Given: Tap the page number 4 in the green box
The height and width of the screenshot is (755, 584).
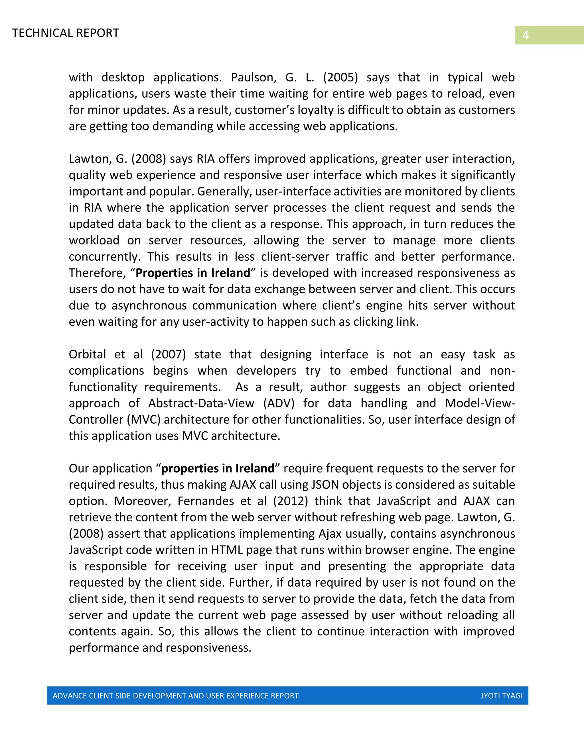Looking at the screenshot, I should [525, 35].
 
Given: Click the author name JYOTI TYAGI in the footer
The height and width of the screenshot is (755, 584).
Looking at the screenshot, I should [501, 695].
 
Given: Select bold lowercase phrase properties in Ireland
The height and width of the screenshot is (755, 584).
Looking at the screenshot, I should [218, 468].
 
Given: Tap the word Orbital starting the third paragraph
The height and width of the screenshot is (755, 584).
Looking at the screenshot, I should [87, 354].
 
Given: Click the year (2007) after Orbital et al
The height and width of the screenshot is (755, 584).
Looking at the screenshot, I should [169, 354].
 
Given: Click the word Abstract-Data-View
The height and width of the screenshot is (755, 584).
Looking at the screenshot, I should [201, 403].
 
